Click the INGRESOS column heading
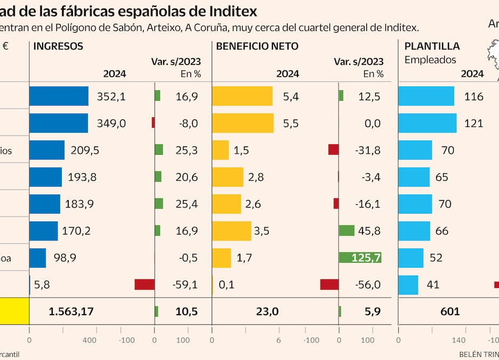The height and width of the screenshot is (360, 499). click(58, 46)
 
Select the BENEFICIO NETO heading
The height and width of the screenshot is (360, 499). click(257, 46)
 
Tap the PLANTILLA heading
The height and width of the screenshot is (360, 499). click(432, 46)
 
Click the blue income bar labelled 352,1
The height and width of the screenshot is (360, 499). click(59, 96)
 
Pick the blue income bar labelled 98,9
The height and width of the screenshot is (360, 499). click(37, 258)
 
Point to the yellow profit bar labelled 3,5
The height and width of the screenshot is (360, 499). click(231, 231)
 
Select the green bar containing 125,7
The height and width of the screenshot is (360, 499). click(360, 258)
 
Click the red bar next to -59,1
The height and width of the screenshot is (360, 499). click(144, 285)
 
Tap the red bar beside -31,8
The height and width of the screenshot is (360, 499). click(333, 150)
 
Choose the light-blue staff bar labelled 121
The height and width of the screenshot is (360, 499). click(428, 123)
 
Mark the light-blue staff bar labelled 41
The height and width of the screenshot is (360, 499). click(408, 285)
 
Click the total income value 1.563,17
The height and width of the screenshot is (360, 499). click(71, 311)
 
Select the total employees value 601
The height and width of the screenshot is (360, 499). click(450, 311)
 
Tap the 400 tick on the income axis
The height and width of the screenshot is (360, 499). click(90, 340)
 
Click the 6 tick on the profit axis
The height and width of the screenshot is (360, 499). click(278, 340)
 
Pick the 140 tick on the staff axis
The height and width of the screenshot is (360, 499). click(459, 340)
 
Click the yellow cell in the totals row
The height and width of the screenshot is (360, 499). click(14, 311)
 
